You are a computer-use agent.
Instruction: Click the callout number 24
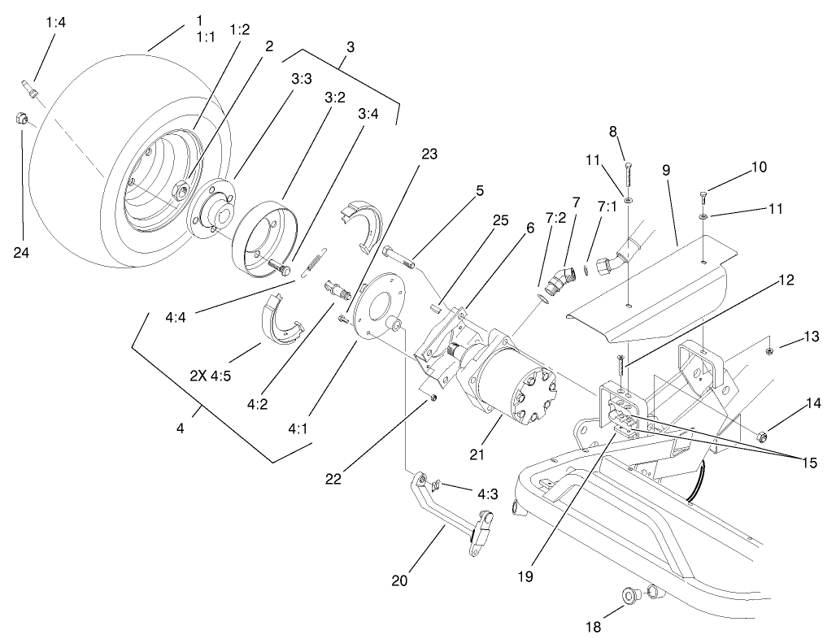click(21, 253)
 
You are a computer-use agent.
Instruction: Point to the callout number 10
click(758, 167)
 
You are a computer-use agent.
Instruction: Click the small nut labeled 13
click(769, 351)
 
